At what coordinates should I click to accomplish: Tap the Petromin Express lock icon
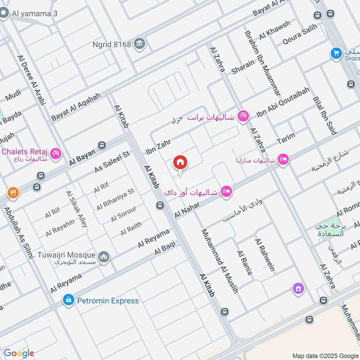(x=68, y=300)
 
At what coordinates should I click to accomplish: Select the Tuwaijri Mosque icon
(x=104, y=256)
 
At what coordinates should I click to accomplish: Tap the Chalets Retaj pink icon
(x=56, y=153)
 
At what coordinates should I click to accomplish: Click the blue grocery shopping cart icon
(x=336, y=54)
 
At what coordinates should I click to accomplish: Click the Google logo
(x=19, y=353)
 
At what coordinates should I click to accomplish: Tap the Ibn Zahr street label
(x=158, y=147)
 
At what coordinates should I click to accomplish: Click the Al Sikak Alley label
(x=76, y=209)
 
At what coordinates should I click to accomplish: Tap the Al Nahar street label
(x=188, y=210)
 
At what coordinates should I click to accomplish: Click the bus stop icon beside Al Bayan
(x=102, y=145)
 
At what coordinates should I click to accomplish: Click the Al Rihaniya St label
(x=116, y=199)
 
